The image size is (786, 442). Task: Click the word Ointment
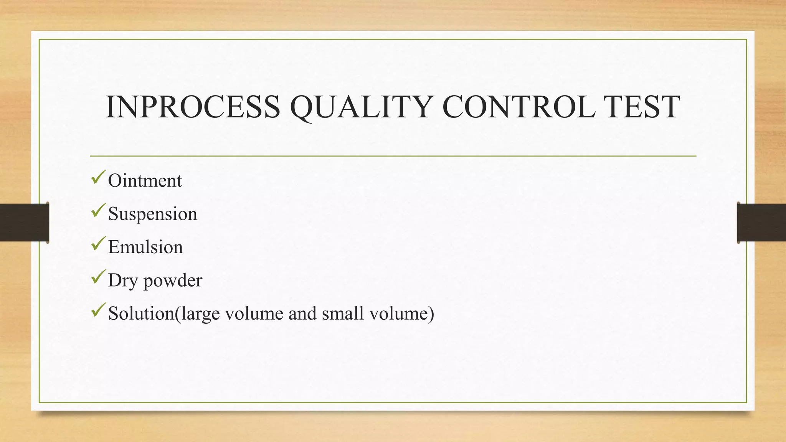point(145,181)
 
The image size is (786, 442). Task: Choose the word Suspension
point(152,214)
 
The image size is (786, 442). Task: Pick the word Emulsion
point(145,247)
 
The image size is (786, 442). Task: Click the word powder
point(173,280)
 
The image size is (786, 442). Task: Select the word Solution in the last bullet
point(141,313)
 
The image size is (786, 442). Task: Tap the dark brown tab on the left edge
point(24,223)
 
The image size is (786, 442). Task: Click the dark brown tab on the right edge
point(761,223)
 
